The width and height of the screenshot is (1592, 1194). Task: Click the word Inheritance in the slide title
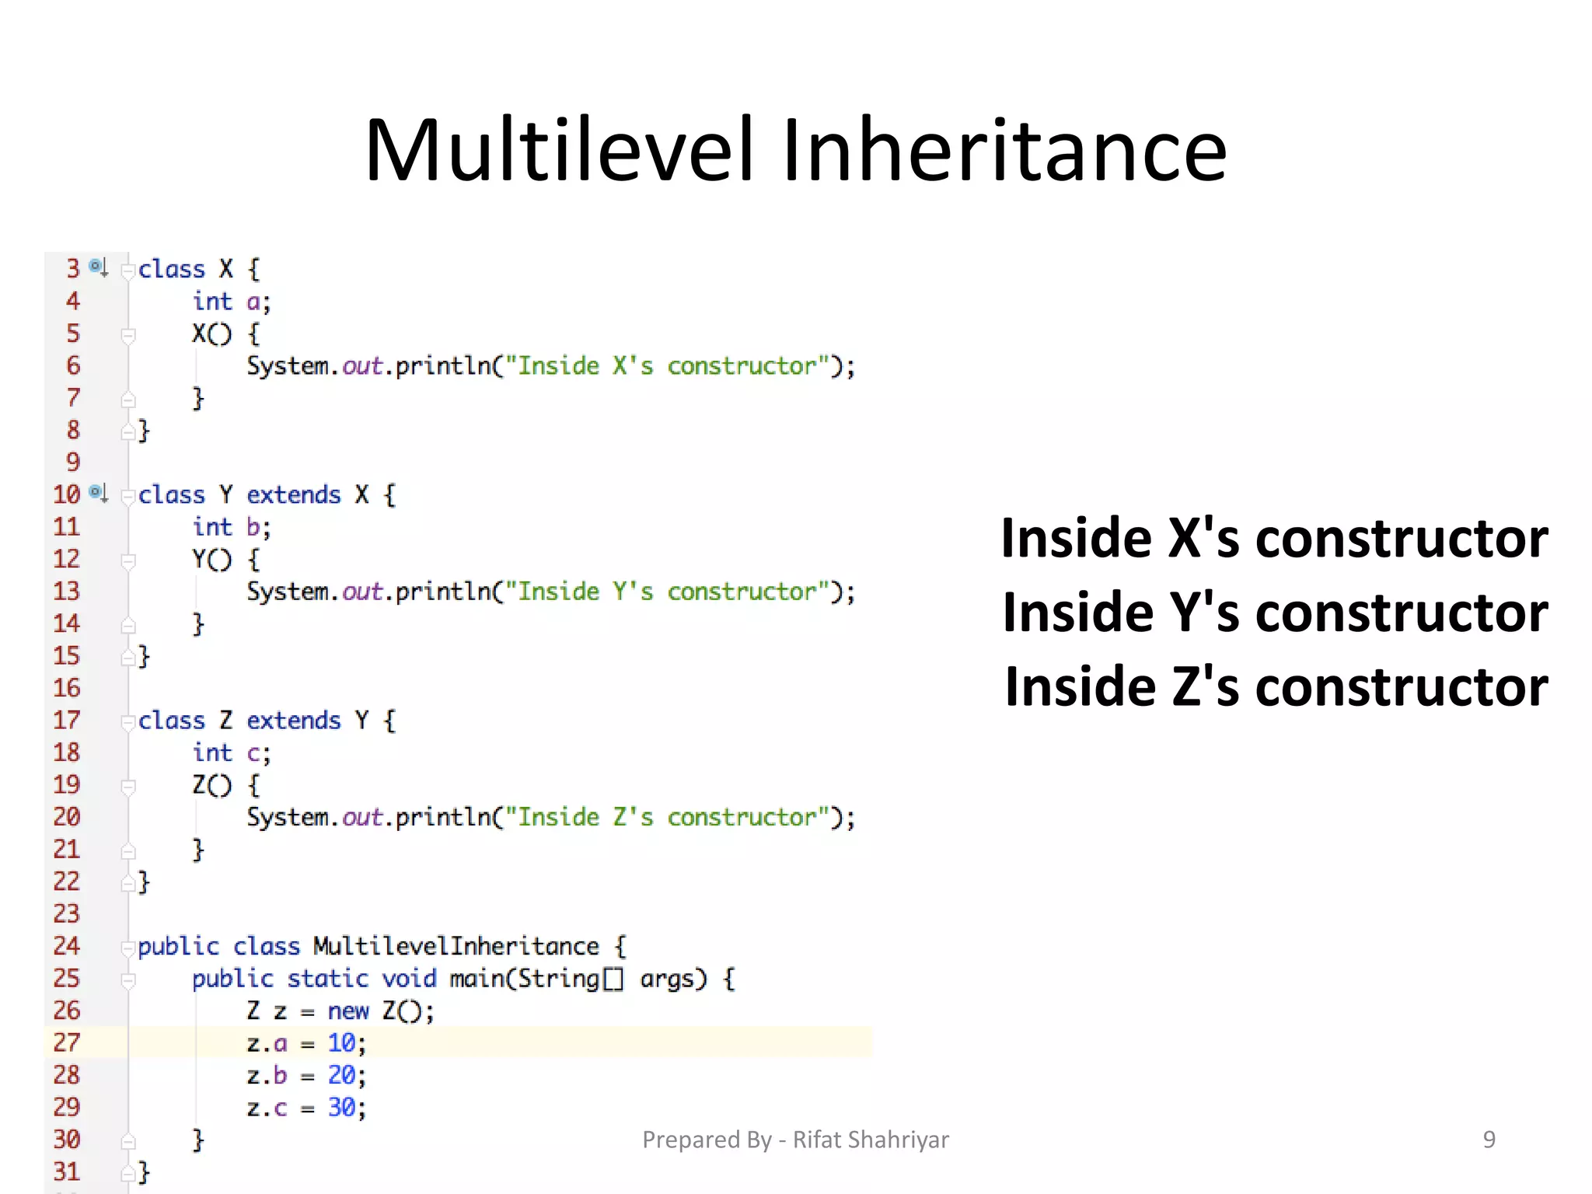[1004, 150]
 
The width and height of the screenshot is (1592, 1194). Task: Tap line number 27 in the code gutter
[67, 1042]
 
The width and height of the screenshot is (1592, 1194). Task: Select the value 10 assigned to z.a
[341, 1042]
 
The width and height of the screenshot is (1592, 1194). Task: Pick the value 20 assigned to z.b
[341, 1075]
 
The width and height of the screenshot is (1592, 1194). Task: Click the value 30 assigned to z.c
[341, 1107]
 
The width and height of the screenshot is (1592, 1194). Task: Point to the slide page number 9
[1489, 1140]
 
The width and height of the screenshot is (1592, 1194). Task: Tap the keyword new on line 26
[347, 1011]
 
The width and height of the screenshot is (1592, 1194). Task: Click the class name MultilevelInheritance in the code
[456, 946]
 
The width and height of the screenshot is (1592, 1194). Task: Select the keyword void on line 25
[409, 979]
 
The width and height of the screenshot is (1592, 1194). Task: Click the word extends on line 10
[293, 495]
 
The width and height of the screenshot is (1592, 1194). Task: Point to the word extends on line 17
[293, 721]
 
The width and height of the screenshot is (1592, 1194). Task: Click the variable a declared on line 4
[253, 302]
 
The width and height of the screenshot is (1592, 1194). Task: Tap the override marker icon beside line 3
[98, 267]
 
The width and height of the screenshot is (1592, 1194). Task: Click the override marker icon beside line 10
[98, 493]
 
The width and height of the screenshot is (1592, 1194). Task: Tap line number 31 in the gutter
[67, 1171]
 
